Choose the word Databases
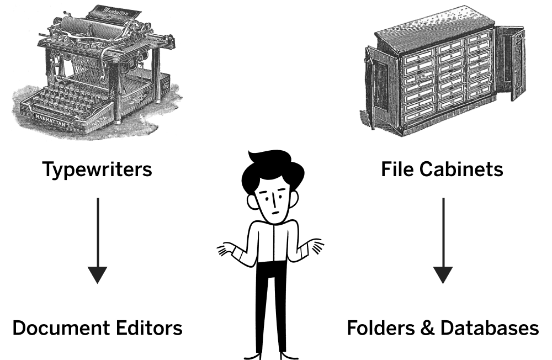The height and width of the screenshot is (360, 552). (490, 328)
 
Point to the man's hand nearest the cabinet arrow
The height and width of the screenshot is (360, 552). (315, 247)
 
